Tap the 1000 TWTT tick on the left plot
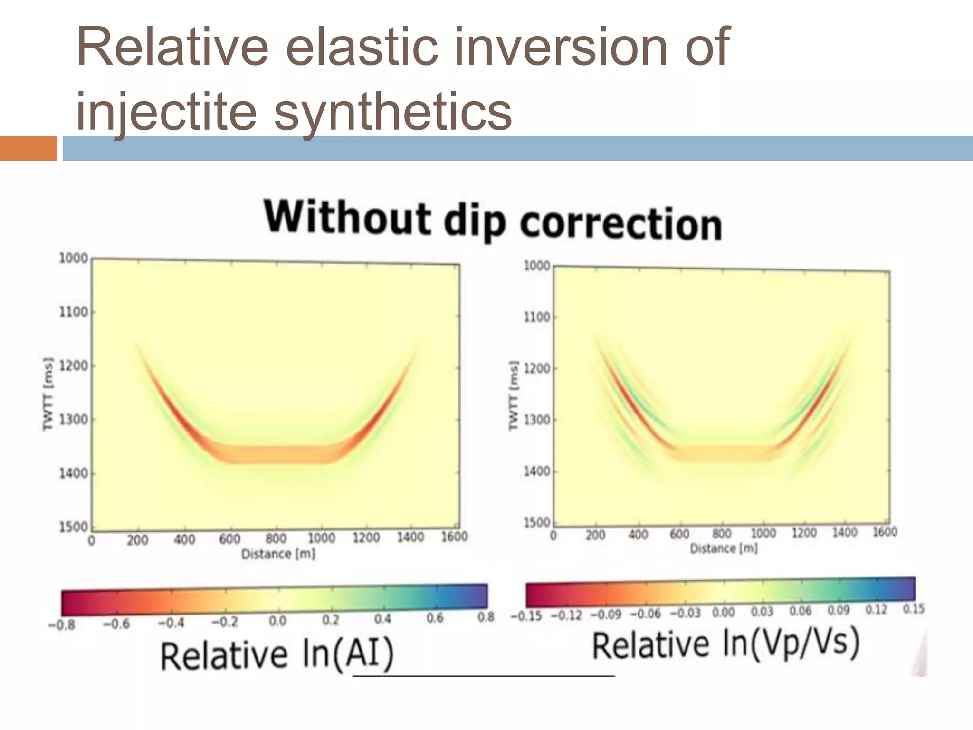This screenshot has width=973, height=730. [x=74, y=258]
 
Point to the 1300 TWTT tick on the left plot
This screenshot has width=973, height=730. [x=74, y=420]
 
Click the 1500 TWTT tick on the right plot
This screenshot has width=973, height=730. [x=537, y=522]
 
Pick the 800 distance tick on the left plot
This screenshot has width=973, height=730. [x=276, y=538]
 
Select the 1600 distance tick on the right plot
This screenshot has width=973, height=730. [x=885, y=531]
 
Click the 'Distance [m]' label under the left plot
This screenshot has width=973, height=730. [x=278, y=554]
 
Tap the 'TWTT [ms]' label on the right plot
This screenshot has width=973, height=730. [x=513, y=395]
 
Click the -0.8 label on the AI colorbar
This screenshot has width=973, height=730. [x=62, y=625]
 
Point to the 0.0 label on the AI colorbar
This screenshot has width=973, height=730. [x=277, y=621]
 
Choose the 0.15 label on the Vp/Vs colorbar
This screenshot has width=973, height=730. [x=914, y=609]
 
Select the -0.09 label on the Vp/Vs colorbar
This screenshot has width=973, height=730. [x=606, y=615]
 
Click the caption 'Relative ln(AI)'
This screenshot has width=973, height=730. [x=277, y=655]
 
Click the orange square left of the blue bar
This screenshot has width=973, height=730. [x=28, y=148]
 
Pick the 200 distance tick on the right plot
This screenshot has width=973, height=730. [x=595, y=536]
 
